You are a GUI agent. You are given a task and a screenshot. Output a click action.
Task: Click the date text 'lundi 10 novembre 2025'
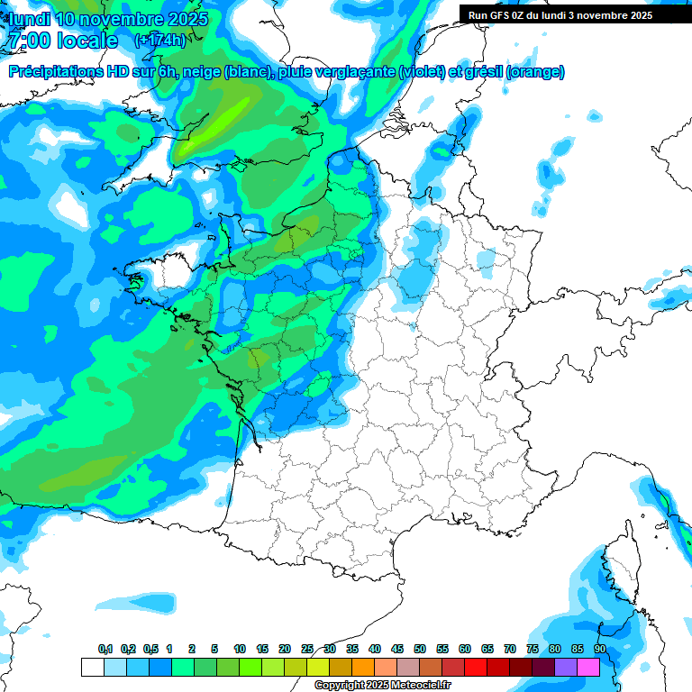[106, 19]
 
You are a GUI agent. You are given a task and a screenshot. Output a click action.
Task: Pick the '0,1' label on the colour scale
[105, 649]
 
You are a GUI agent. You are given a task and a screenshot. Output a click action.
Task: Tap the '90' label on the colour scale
[600, 649]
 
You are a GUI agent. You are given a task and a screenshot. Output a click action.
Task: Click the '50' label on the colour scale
[420, 649]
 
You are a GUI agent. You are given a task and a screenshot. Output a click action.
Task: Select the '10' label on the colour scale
[240, 649]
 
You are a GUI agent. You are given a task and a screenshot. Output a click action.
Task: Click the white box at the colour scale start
[92, 667]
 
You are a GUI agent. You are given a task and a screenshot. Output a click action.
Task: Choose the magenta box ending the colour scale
[588, 667]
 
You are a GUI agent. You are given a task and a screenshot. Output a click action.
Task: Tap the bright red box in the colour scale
[476, 667]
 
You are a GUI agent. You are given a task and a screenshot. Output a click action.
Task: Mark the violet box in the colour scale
[566, 667]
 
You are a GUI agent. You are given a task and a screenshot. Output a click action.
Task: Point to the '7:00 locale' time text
[61, 41]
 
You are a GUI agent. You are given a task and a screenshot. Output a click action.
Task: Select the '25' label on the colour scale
[307, 649]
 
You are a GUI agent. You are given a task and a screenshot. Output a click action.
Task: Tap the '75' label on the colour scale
[533, 649]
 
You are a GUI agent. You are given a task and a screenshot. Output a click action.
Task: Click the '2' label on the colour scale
[192, 649]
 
